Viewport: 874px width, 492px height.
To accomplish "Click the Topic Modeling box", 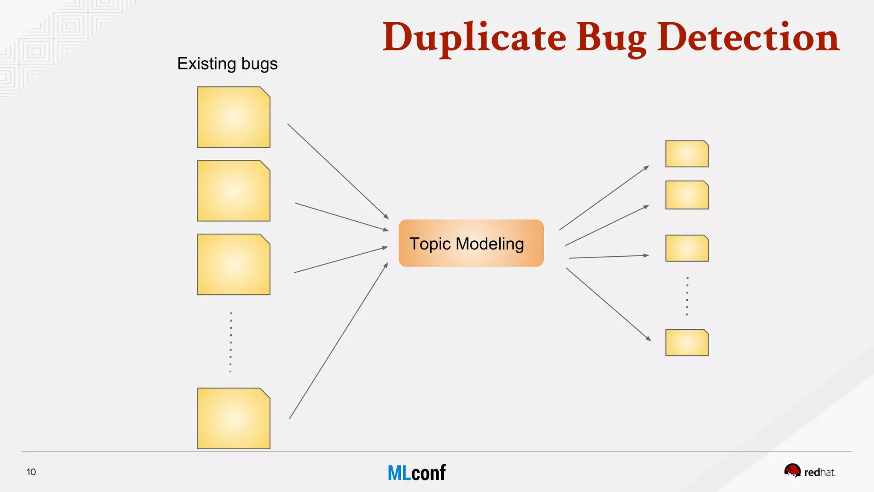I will click(x=471, y=243).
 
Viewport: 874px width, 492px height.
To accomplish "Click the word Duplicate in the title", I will click(x=474, y=38).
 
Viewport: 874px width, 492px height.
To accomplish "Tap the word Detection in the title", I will click(x=748, y=38).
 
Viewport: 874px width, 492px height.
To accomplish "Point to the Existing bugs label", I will click(x=227, y=64).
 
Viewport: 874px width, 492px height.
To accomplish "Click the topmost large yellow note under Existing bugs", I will click(x=233, y=117).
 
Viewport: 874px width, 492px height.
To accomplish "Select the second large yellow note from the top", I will click(x=233, y=190).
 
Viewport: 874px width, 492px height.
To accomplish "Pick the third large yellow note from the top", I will click(x=233, y=264).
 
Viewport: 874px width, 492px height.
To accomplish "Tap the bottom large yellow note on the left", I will click(x=233, y=418).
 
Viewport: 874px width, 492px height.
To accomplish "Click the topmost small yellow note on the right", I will click(x=687, y=154).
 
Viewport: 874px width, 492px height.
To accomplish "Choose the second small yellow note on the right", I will click(x=687, y=195).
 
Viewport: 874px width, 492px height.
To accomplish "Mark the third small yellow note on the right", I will click(x=687, y=248).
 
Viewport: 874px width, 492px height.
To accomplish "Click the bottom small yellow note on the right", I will click(x=687, y=343).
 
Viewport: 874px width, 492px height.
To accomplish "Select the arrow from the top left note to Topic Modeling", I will click(x=338, y=171).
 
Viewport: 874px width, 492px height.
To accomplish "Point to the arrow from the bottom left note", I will click(x=338, y=341).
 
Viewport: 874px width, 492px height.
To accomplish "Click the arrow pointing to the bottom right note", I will click(x=608, y=304).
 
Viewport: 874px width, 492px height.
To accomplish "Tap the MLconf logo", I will click(x=417, y=473).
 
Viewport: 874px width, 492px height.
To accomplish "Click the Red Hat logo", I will click(x=810, y=471).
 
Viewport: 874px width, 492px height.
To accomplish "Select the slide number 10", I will click(x=31, y=472).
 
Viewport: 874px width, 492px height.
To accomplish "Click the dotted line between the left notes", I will click(x=231, y=342).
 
